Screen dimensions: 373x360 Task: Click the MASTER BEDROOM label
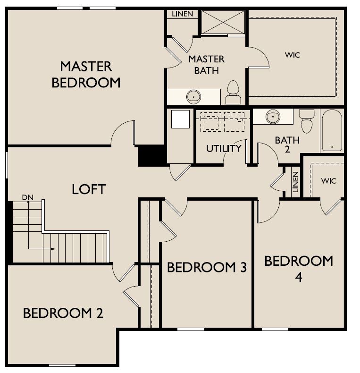86,74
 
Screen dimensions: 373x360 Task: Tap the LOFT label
89,189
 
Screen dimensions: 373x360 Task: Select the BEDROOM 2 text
63,313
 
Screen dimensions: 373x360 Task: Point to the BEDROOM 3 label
207,268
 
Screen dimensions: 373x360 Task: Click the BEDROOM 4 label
298,268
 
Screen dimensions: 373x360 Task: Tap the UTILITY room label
224,149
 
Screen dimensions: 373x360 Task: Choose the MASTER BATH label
206,65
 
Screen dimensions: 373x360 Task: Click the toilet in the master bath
233,92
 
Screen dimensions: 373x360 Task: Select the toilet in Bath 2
307,122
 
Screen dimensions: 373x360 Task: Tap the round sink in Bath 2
272,116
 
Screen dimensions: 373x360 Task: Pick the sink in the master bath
193,97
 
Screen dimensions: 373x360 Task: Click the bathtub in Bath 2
332,130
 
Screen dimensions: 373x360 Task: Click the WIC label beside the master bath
292,55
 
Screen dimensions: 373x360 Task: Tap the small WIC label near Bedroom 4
328,181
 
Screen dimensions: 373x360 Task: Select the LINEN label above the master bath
182,14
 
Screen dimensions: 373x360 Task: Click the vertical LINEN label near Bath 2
295,181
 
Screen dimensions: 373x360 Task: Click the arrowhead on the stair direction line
53,249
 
